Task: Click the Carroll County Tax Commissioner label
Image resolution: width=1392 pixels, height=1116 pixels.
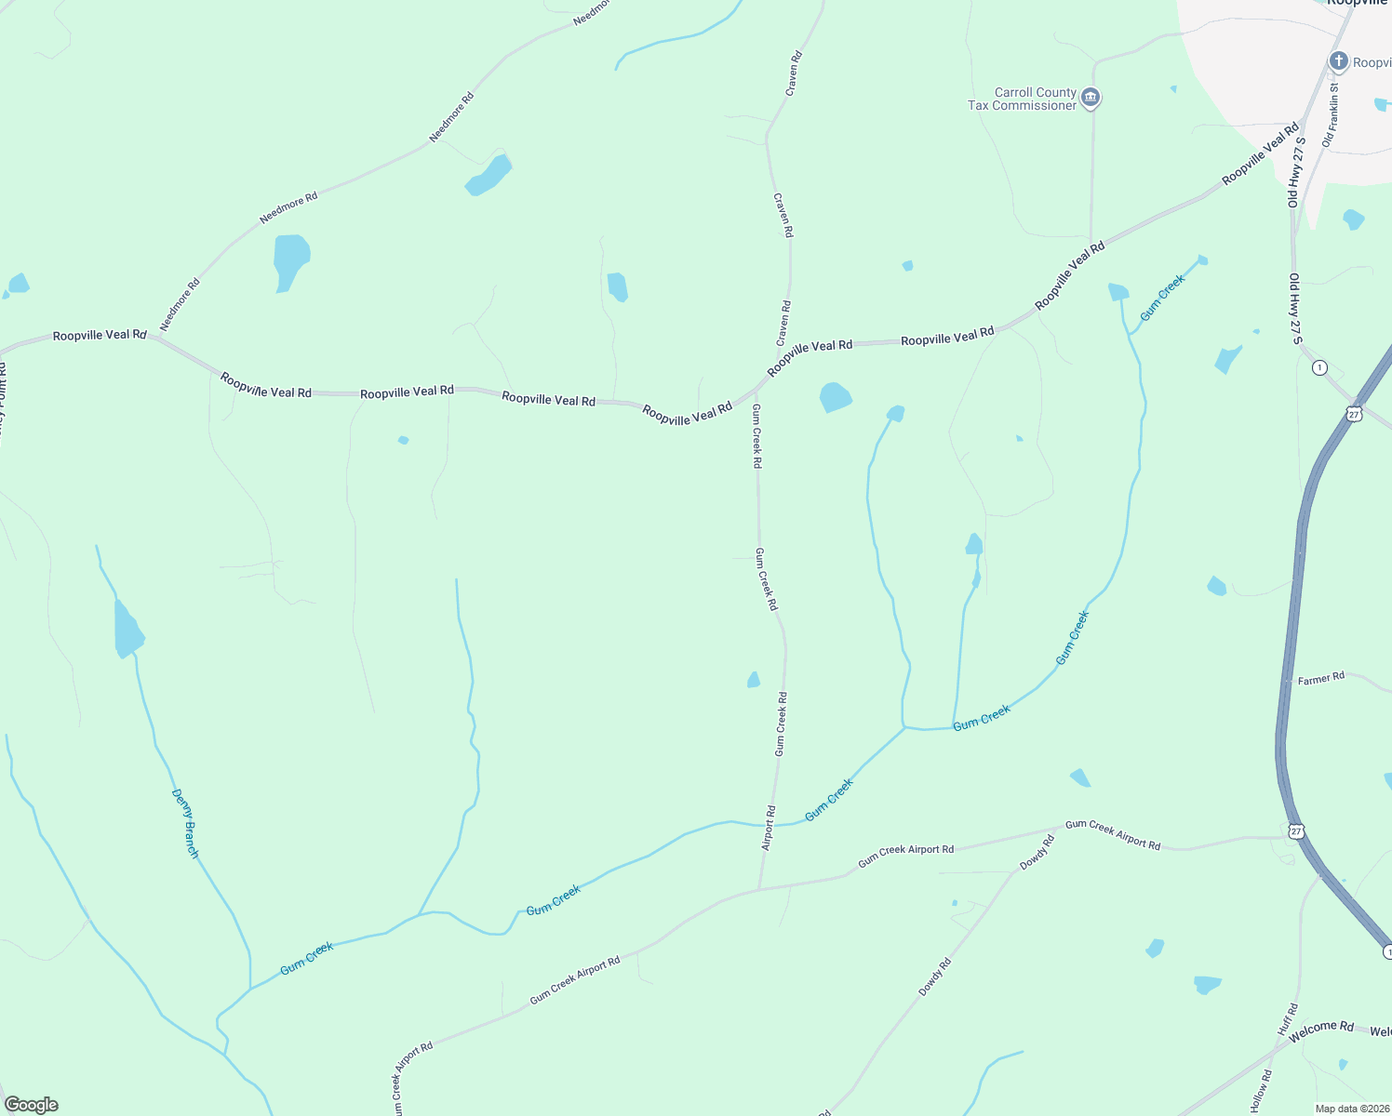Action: tap(1022, 99)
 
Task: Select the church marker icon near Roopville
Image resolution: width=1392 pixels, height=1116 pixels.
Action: tap(1338, 62)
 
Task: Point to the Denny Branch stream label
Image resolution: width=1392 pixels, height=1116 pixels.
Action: tap(186, 823)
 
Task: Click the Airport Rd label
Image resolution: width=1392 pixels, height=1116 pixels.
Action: tap(769, 828)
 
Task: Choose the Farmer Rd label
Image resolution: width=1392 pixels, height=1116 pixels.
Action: tap(1321, 679)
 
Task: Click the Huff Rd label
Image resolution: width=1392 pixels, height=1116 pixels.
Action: tap(1287, 1020)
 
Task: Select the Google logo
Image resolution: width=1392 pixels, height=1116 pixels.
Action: tap(32, 1105)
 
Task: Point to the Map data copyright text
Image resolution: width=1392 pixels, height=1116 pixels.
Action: tap(1352, 1109)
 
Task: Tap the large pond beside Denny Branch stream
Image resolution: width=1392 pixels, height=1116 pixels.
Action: tap(127, 631)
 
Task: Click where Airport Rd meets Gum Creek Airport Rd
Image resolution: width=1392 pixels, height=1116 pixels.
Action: tap(759, 889)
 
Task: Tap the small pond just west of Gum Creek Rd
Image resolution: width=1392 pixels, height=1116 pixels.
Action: tap(754, 680)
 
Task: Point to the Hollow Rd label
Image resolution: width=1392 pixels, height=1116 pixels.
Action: tap(1261, 1090)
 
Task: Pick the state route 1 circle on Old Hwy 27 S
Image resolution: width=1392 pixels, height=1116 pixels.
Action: tap(1319, 368)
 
